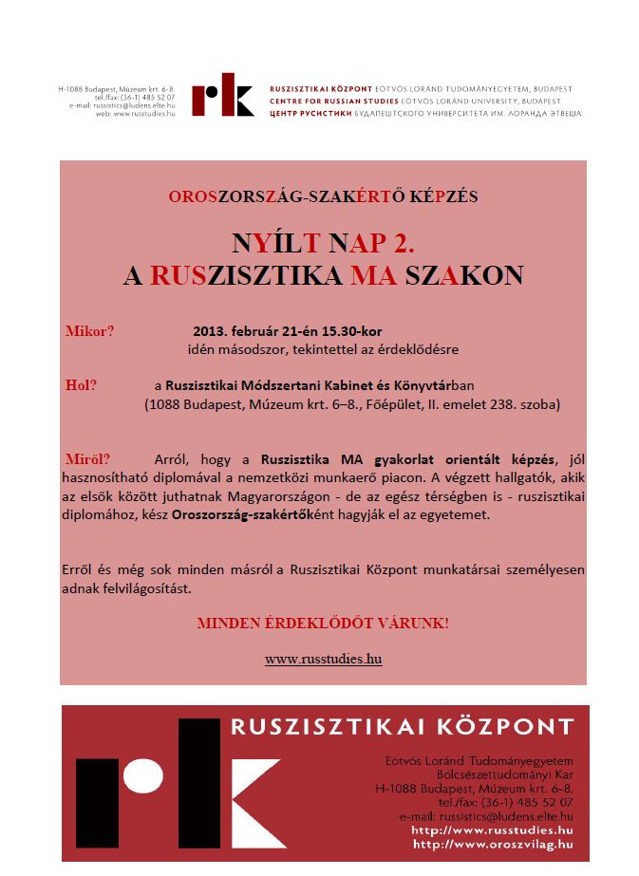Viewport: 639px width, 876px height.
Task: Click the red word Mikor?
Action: coord(89,331)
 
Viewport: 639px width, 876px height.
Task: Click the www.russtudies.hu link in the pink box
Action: coord(323,658)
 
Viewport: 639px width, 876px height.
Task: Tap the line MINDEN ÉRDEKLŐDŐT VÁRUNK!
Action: coord(323,624)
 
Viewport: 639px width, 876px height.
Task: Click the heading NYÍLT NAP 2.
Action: coord(323,241)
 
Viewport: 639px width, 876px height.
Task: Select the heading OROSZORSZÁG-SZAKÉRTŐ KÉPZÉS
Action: coord(323,196)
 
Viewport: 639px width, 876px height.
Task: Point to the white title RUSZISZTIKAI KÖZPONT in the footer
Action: coord(403,728)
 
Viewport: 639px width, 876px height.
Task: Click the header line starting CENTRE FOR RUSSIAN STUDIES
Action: coord(414,100)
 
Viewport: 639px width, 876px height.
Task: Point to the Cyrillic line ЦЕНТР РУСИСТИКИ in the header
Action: coord(425,113)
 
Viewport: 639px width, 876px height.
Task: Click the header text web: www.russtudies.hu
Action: coord(135,113)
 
